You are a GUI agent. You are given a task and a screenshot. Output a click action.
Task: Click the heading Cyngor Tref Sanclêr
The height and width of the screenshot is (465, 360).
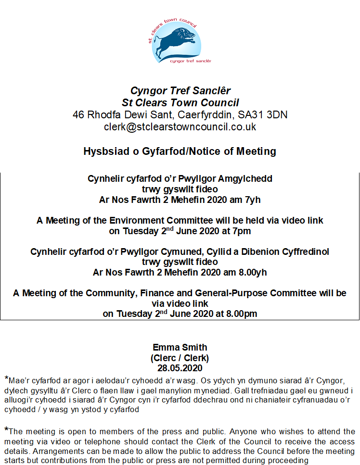coord(180,91)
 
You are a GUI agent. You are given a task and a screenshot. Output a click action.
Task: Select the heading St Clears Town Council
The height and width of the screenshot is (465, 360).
coord(180,103)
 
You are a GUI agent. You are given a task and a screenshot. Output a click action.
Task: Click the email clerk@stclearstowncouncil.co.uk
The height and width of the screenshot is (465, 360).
coord(180,127)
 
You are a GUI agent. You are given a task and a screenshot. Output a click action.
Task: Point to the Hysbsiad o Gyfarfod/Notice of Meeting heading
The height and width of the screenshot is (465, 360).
coord(180,151)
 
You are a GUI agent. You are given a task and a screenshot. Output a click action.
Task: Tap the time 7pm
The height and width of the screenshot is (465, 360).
coord(243,231)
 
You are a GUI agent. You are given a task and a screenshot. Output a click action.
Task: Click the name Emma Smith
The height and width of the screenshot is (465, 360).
coord(180,347)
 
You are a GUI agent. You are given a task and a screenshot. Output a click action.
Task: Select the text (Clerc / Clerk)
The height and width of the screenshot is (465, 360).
coord(180,358)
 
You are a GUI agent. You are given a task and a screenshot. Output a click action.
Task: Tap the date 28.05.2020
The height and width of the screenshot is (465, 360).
coord(180,369)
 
